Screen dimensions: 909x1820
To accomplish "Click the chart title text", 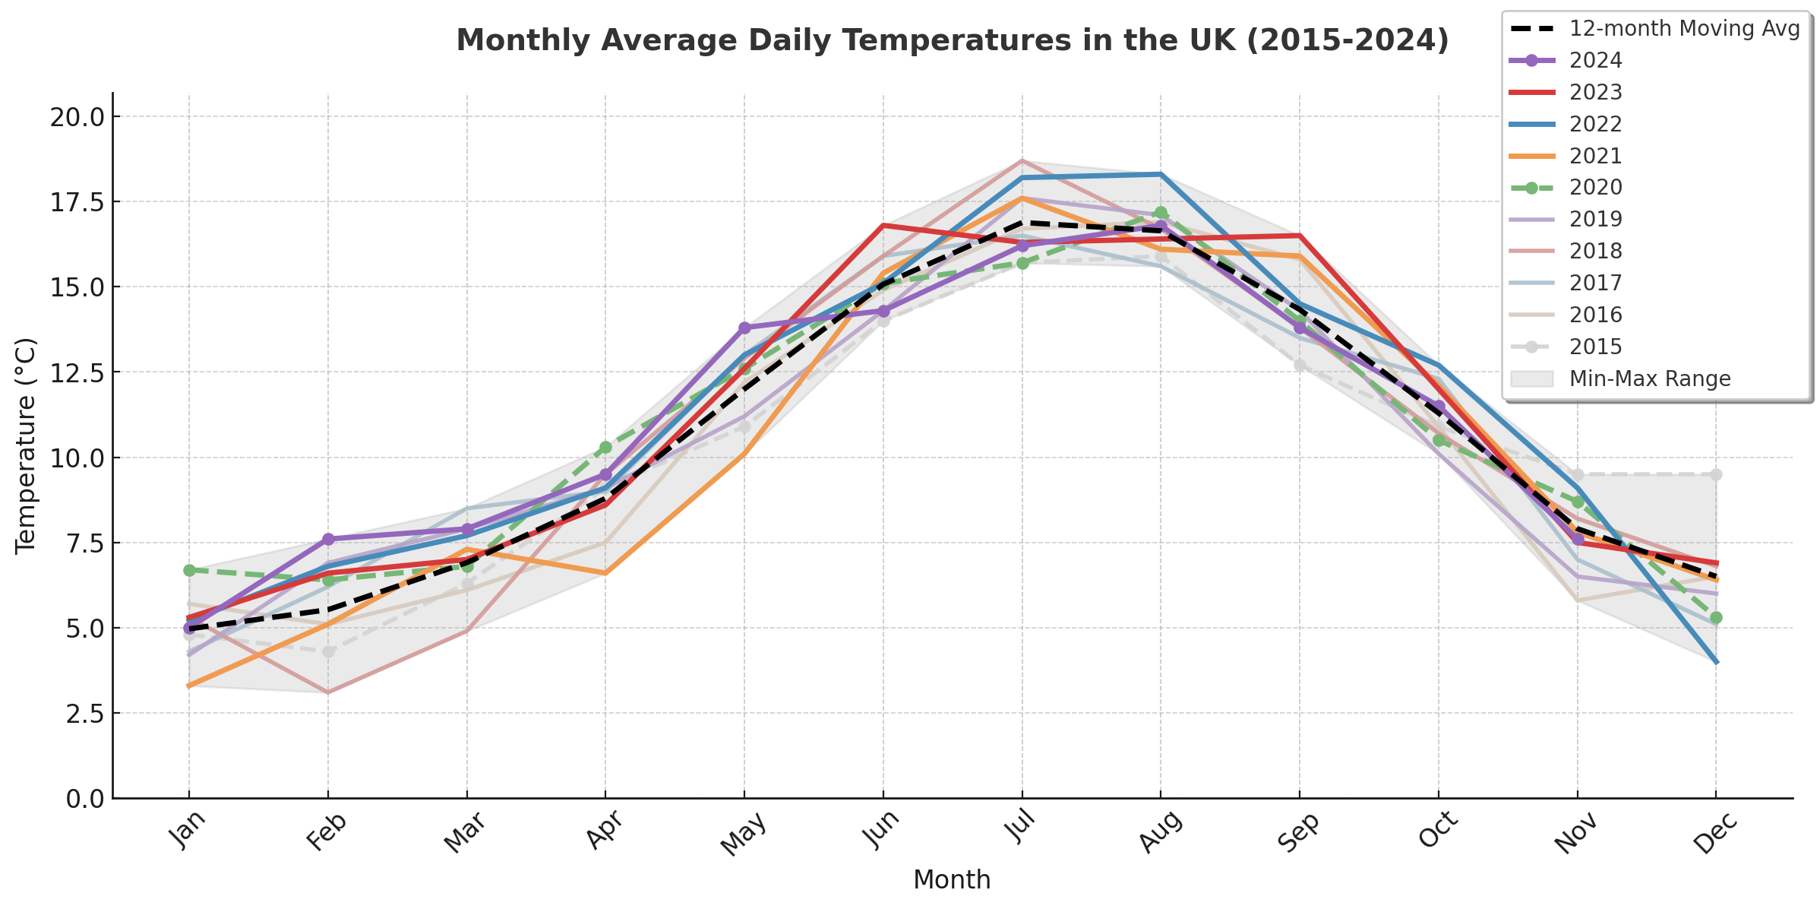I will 953,40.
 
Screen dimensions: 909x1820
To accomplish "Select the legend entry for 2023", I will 1595,92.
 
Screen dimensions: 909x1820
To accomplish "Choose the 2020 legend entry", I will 1595,187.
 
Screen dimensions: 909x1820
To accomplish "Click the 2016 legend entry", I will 1595,315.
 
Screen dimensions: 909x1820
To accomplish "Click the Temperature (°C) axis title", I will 26,445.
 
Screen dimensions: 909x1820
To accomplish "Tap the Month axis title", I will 952,880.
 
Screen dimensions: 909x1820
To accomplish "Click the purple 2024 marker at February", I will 328,539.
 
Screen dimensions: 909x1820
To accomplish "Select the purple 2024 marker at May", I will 744,328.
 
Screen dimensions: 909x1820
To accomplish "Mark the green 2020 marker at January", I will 189,570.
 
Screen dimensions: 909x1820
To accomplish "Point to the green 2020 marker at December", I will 1716,618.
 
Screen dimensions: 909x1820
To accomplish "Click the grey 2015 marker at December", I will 1716,474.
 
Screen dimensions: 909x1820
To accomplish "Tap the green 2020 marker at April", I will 605,448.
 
